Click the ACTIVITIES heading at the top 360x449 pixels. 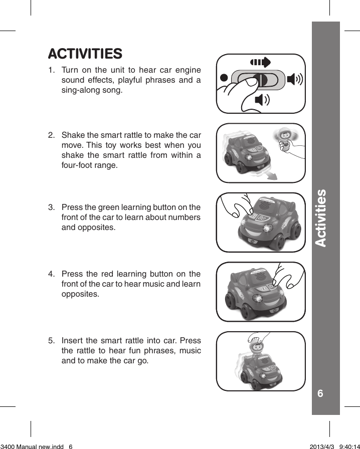coord(85,53)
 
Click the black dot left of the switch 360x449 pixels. coord(224,78)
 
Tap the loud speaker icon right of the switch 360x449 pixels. coord(294,79)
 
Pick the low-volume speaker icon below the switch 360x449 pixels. coord(261,100)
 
